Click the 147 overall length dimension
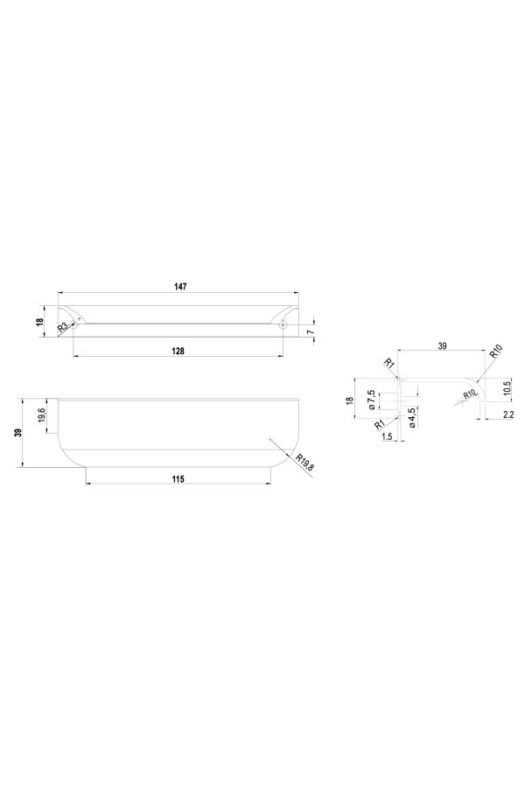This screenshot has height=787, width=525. coord(180,287)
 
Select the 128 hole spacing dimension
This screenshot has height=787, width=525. coord(178,351)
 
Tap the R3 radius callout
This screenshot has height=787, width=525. coord(62,328)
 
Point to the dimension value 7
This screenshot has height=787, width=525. coord(311,331)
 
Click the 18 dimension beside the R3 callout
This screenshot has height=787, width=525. coord(39,322)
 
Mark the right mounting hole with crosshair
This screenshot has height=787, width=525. coord(283,325)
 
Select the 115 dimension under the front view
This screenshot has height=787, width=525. coord(178,479)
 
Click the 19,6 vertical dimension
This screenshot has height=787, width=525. coord(42,415)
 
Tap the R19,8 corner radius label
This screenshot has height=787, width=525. coord(305,462)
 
